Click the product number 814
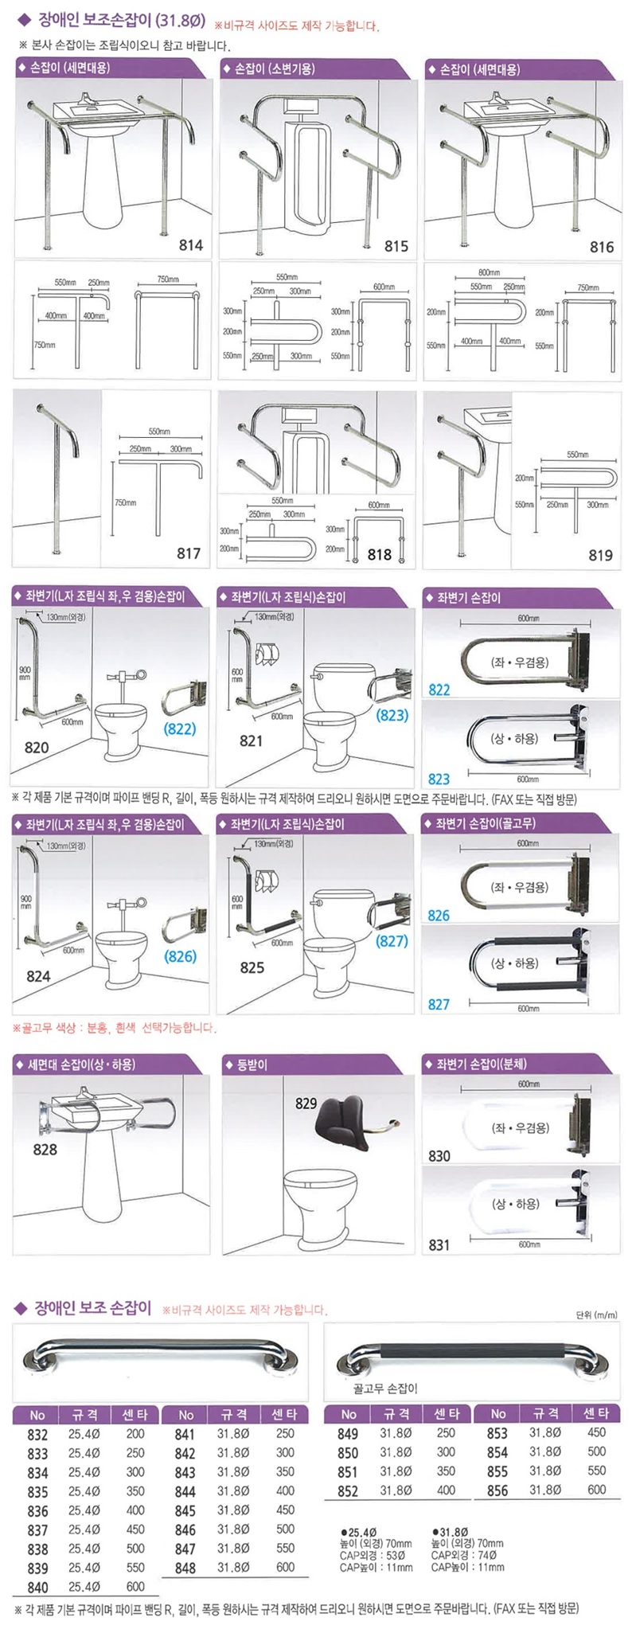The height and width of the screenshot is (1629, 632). coord(190,245)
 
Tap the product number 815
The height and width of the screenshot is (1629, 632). coord(396,246)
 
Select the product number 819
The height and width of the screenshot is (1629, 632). coord(600,555)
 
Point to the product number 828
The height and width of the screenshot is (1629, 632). coord(45,1149)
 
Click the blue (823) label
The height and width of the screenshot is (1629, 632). coord(392,715)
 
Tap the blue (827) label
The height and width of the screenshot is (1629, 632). coord(392,940)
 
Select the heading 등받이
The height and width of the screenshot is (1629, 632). coord(252,1065)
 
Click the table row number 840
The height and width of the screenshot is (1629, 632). coord(37,1588)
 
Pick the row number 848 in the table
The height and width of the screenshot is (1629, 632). coord(185,1568)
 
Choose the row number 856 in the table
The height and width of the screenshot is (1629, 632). coord(497,1490)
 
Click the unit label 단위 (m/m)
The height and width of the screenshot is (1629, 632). coord(596,1315)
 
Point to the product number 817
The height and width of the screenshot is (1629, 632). coord(188,553)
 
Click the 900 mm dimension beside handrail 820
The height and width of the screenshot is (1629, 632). coord(25,674)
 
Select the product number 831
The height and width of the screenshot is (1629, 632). coord(439,1245)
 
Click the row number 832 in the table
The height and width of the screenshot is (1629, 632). coord(37,1434)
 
